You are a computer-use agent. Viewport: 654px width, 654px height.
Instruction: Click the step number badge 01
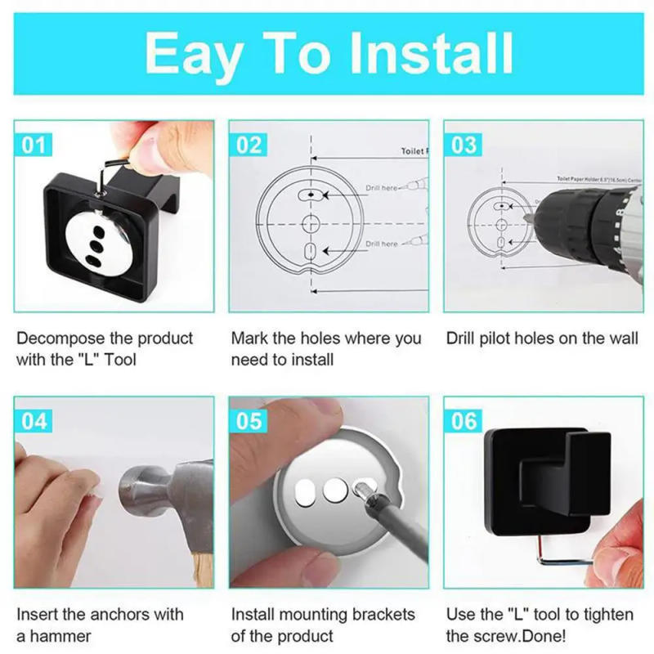tap(34, 145)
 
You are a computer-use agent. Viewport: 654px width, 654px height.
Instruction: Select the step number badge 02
tap(249, 145)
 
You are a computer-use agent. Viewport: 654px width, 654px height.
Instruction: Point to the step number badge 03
tap(464, 145)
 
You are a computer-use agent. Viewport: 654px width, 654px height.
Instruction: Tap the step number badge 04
tap(34, 421)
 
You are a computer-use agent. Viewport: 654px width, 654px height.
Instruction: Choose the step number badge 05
tap(249, 421)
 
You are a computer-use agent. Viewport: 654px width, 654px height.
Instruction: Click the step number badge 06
tap(464, 421)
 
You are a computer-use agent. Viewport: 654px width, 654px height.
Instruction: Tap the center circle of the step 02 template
tap(311, 222)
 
